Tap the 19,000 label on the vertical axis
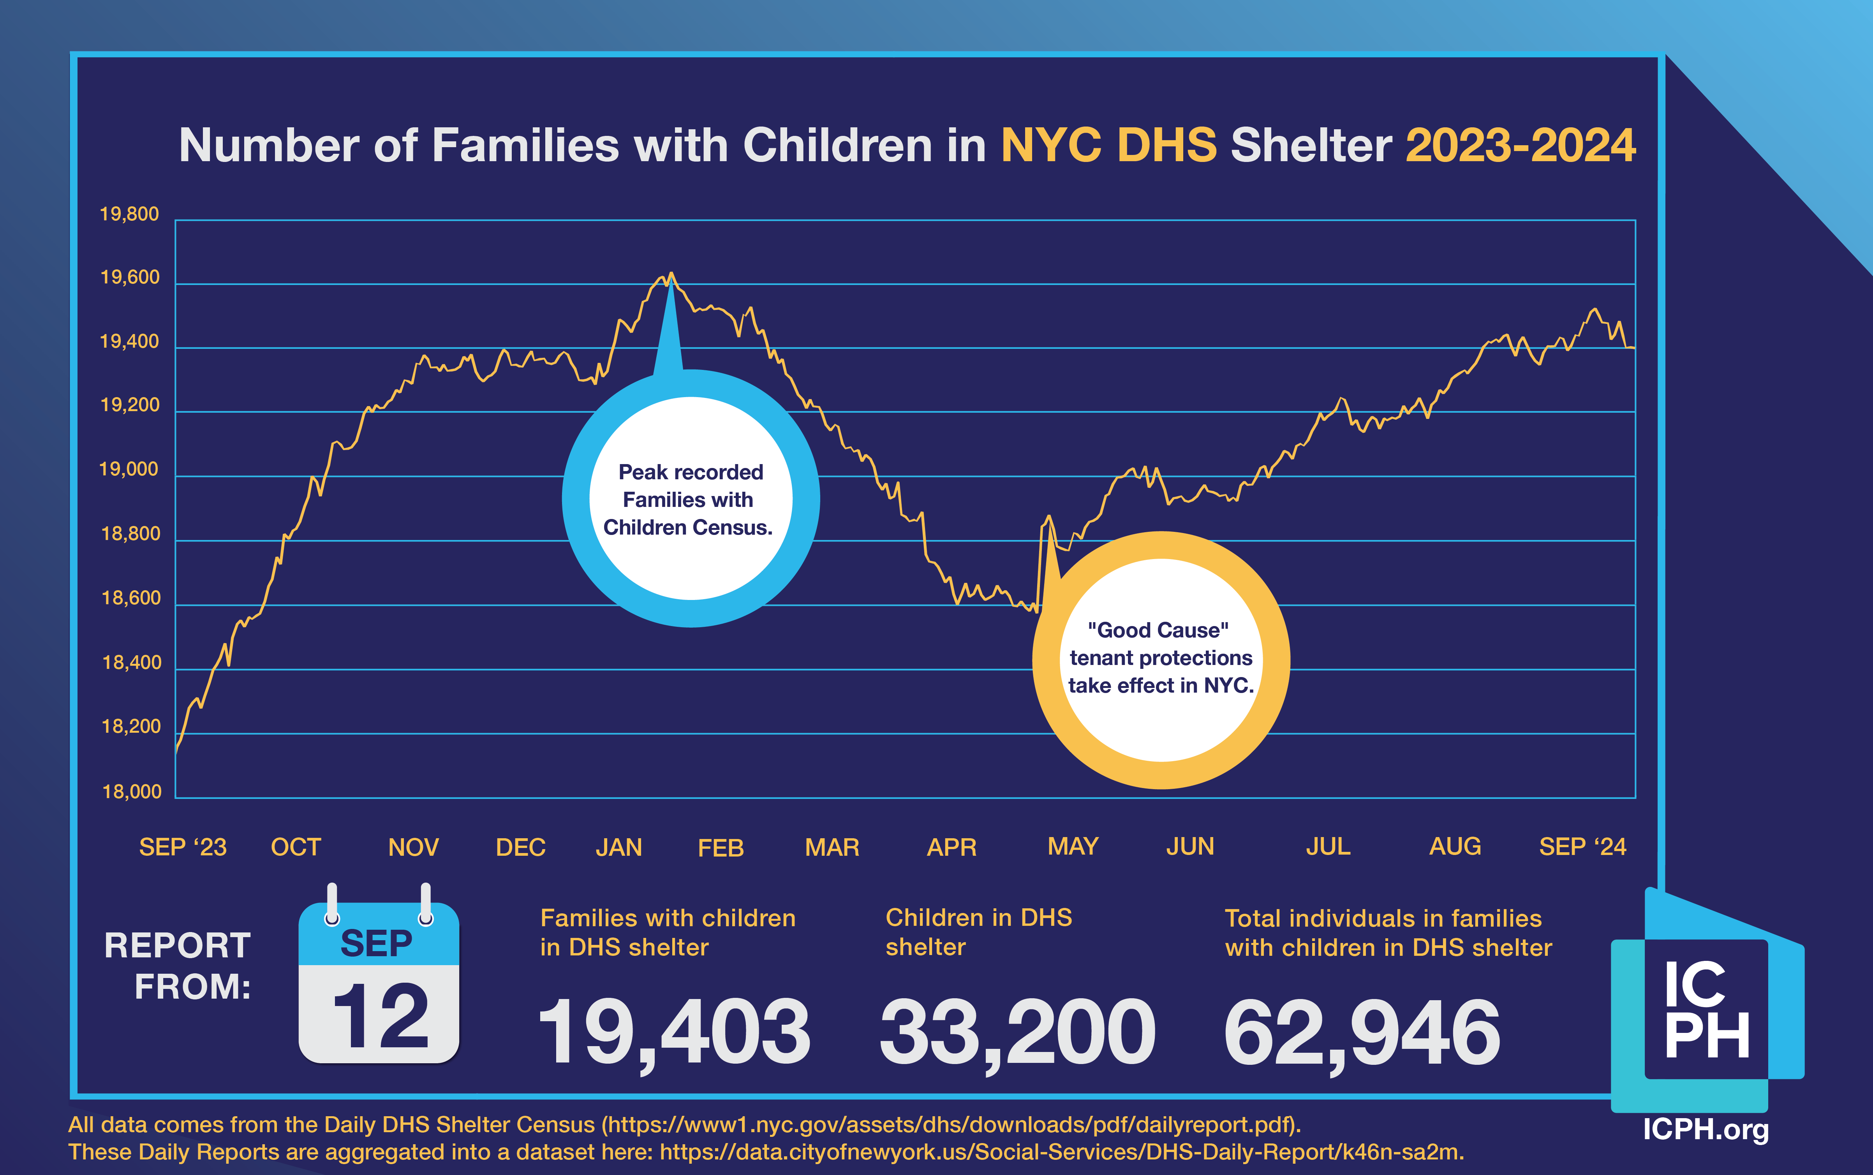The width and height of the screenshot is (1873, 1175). pos(129,470)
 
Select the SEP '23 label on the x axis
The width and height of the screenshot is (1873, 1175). pos(183,847)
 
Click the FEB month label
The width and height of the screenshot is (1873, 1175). pos(721,847)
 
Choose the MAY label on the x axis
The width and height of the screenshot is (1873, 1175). pos(1073,846)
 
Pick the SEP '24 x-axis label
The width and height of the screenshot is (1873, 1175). pos(1582,846)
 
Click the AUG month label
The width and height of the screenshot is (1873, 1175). pos(1455,846)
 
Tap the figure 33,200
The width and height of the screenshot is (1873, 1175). pos(1017,1033)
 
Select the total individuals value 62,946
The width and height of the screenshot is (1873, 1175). pos(1362,1033)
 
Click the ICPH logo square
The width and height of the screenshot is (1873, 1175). pos(1707,1009)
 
